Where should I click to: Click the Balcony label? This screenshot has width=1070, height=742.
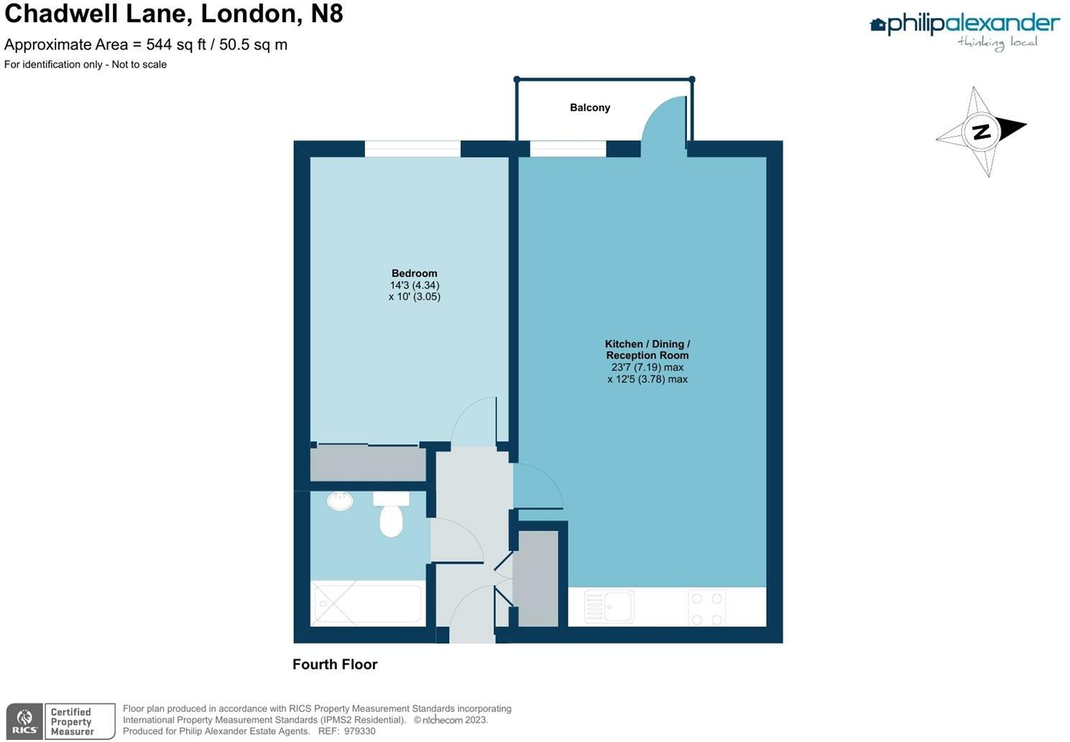pos(589,108)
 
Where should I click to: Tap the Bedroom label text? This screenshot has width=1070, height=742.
pos(414,273)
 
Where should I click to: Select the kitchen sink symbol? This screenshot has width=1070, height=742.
pos(609,607)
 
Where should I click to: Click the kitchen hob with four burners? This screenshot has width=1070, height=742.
pos(706,608)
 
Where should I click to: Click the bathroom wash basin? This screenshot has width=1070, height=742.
pos(340,500)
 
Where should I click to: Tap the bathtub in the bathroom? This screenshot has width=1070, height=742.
pos(366,604)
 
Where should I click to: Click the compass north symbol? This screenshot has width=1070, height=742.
pos(981,132)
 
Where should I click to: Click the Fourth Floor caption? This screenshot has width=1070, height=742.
pos(335,664)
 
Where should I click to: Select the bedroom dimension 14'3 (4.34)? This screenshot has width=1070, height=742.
pos(414,285)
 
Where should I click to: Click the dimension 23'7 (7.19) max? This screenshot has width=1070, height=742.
pos(647,367)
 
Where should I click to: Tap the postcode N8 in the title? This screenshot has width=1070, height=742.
pos(326,14)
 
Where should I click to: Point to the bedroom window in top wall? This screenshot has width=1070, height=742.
pos(412,149)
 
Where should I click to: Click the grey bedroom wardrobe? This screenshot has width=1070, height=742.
pos(368,464)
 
